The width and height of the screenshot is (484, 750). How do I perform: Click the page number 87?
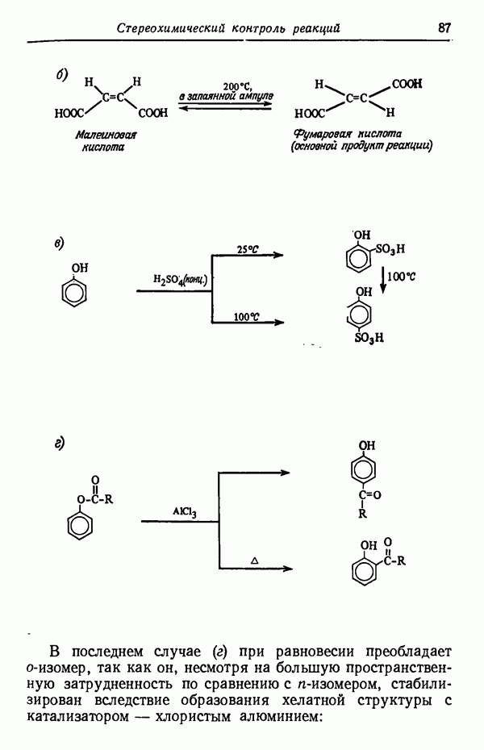[444, 27]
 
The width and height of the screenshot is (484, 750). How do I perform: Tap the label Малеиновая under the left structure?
[106, 135]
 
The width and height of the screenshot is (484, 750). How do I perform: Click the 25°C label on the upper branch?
[248, 249]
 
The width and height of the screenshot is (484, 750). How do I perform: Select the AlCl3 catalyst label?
[185, 512]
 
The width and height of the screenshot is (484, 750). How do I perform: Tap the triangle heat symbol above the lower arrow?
[254, 560]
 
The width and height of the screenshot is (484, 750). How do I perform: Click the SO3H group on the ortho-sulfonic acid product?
[390, 249]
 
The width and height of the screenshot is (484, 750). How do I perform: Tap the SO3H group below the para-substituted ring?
[369, 338]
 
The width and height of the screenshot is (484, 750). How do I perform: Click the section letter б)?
[61, 75]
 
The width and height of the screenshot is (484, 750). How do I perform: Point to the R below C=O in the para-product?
[362, 515]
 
